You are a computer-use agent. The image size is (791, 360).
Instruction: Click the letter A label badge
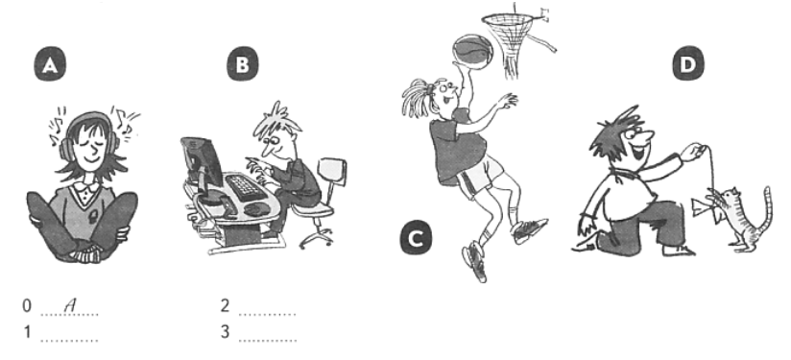(50, 65)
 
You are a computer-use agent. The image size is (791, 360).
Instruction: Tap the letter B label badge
(243, 64)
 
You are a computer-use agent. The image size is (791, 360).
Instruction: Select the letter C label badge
(417, 238)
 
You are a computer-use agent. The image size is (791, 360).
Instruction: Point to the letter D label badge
(688, 64)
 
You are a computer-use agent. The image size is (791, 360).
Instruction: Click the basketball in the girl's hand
(471, 49)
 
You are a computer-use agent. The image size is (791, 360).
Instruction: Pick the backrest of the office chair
(332, 172)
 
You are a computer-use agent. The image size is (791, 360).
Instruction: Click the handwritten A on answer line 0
(70, 304)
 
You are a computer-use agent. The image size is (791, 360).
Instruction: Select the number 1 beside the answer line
(27, 332)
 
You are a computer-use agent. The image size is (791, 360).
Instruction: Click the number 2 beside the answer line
(225, 305)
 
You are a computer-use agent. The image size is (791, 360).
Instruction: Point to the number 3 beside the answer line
(225, 332)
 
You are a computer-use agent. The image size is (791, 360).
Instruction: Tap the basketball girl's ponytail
(418, 97)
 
